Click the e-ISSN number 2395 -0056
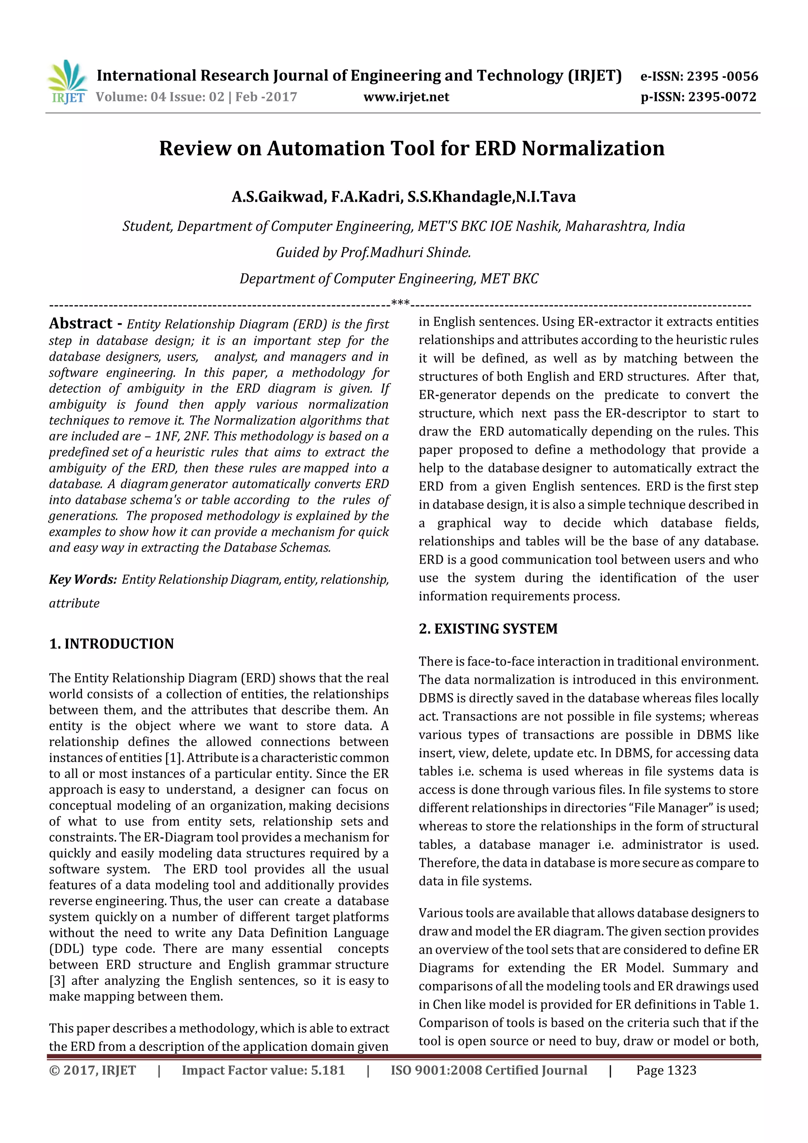[722, 76]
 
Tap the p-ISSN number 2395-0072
[722, 97]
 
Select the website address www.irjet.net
[406, 97]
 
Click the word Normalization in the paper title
[593, 148]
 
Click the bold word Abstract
[80, 324]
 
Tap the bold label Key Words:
[82, 580]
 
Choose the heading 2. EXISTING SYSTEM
[488, 629]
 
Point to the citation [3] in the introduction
[57, 981]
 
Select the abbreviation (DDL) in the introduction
[66, 949]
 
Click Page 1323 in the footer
[666, 1070]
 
